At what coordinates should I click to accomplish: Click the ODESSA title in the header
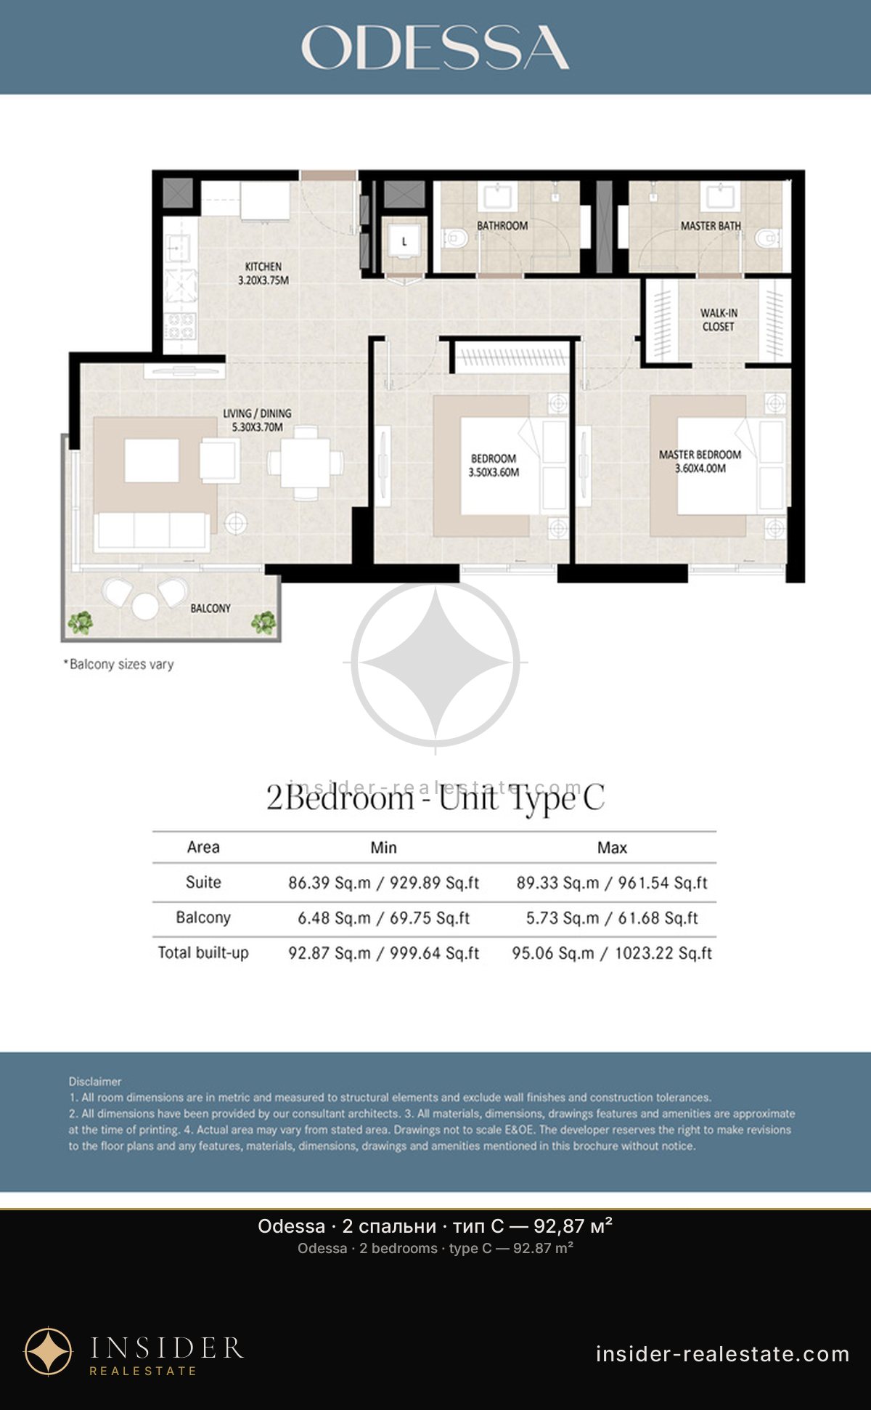tap(435, 47)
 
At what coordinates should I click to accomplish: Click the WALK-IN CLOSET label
tap(719, 320)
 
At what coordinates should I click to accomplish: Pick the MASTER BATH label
tap(711, 226)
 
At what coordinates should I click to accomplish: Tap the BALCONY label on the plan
tap(210, 608)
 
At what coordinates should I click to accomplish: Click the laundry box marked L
tap(404, 240)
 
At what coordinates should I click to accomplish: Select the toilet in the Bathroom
tap(454, 238)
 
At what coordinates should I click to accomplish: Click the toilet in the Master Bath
tap(767, 238)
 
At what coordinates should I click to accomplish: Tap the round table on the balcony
tap(145, 606)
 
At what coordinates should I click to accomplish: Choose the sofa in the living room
tap(152, 531)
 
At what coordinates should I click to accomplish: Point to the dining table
tap(306, 463)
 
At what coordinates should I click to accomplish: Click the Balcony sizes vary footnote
tap(119, 664)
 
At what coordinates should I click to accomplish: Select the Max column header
tap(612, 848)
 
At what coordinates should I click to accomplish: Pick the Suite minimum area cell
tap(384, 883)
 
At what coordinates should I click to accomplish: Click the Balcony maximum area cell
tap(612, 918)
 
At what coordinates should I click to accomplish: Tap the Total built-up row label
tap(203, 953)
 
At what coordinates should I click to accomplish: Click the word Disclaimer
tap(95, 1082)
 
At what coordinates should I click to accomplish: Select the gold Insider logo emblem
tap(49, 1352)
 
